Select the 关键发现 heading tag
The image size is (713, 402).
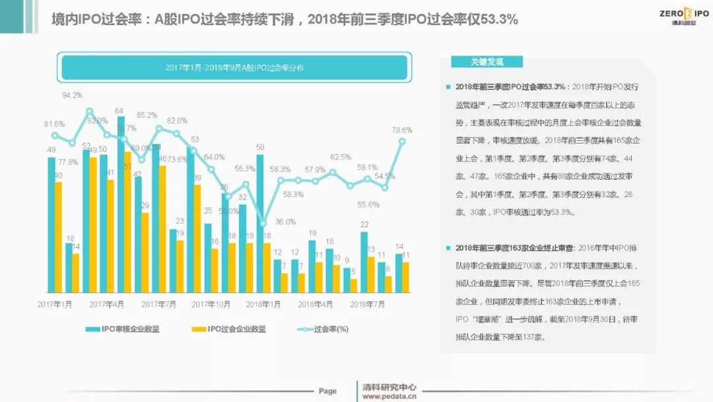487,62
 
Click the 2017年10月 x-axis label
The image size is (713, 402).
211,304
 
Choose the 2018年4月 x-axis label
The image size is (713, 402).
315,304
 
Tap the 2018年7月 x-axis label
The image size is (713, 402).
367,304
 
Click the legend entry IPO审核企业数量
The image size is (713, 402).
123,329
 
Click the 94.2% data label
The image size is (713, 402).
73,95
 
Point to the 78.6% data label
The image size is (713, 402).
402,130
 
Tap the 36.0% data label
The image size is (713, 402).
286,222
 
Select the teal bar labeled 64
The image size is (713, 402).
121,205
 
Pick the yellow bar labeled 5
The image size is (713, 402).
354,286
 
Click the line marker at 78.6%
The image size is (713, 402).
402,141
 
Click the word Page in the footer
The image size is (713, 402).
327,391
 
